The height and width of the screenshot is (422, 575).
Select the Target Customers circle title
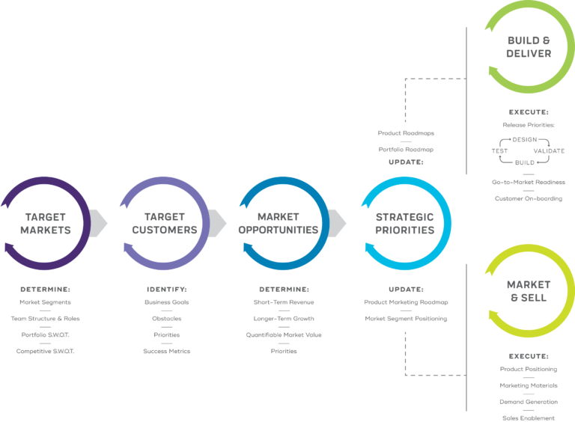165,223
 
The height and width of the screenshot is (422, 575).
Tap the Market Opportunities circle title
278,223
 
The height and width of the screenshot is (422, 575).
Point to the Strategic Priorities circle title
404,223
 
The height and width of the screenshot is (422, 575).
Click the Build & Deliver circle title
529,46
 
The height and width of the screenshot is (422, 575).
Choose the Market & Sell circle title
529,291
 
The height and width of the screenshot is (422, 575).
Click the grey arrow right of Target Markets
100,222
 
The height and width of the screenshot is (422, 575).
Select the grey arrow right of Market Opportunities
338,222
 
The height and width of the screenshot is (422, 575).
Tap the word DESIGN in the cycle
523,140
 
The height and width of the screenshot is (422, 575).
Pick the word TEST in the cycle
499,151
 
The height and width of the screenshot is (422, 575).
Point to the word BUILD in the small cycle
523,162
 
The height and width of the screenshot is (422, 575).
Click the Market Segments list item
46,302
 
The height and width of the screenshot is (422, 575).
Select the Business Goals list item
166,302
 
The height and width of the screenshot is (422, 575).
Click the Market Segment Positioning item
405,319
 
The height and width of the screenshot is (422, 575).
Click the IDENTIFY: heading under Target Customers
166,289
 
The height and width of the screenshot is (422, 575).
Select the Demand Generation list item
529,402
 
